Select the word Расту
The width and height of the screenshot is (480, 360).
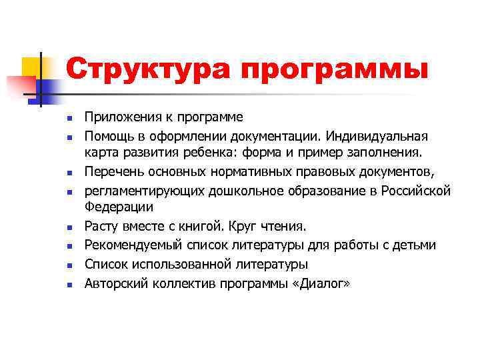pyautogui.click(x=101, y=227)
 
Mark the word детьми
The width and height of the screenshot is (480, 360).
pyautogui.click(x=415, y=245)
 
